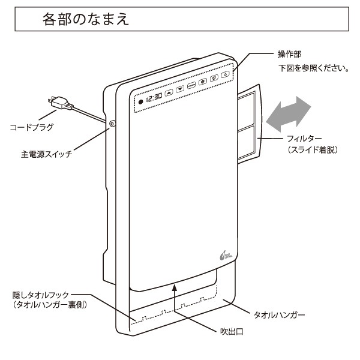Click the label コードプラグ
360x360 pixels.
[32, 128]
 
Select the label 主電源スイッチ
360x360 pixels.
[47, 154]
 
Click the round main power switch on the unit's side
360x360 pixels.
[113, 125]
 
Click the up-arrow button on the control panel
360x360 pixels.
[169, 92]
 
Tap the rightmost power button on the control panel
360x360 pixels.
[224, 75]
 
